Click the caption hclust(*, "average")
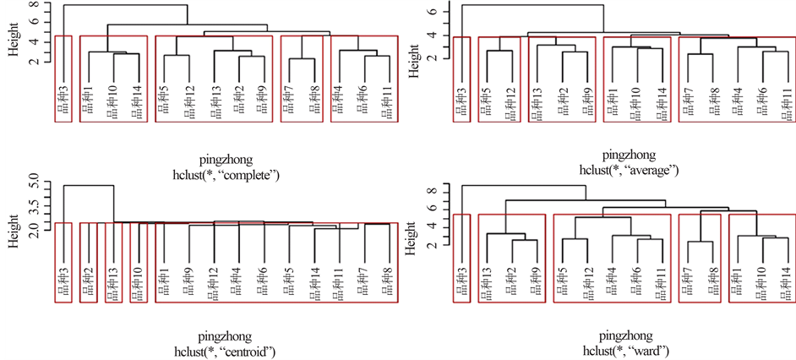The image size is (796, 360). point(630,170)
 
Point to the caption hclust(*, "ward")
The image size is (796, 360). point(630,350)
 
